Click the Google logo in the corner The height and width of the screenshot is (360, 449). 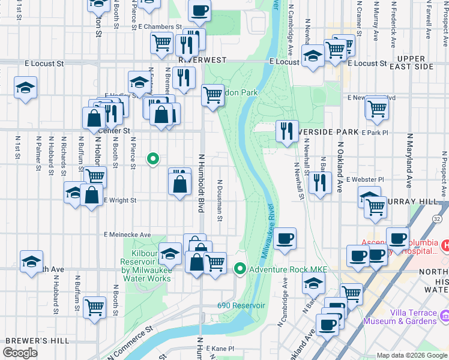[20, 353]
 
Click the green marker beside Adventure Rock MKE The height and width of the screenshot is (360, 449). [241, 268]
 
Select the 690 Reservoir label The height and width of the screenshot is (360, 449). [241, 305]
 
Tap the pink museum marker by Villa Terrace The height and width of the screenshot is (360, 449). [444, 315]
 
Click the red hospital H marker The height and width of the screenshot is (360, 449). [445, 246]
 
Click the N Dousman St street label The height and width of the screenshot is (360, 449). [220, 199]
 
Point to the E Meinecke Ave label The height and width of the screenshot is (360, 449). [127, 235]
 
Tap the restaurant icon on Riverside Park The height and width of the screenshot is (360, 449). [287, 131]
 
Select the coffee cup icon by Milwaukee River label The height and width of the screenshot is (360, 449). [285, 238]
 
